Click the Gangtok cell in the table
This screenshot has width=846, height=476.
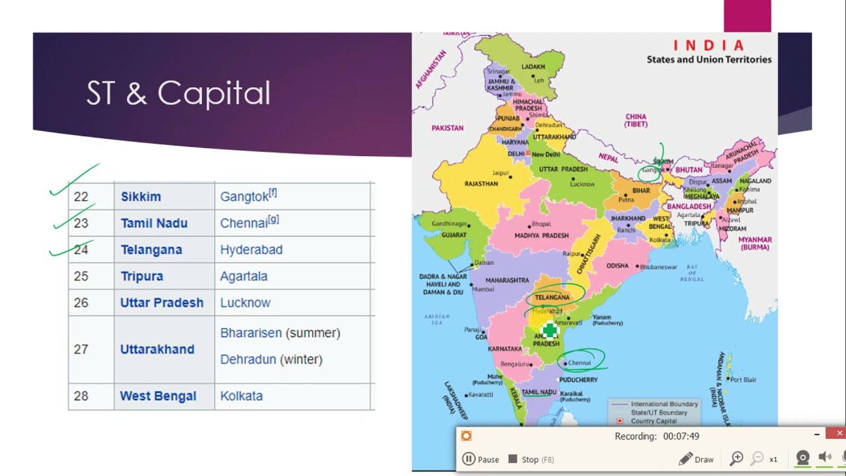248,196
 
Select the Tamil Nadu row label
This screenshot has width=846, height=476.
154,223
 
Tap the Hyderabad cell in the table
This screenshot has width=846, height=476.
251,250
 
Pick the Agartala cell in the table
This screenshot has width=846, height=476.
244,276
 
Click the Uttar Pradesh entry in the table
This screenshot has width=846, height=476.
162,303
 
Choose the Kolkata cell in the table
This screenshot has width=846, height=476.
241,396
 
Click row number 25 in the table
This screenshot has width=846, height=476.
81,276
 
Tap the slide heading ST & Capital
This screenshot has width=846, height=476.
178,93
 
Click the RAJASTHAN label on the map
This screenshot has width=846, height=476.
481,184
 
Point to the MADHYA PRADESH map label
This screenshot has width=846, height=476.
541,235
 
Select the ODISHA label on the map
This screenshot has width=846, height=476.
617,266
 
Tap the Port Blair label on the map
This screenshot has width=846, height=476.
743,379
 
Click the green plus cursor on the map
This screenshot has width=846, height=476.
549,331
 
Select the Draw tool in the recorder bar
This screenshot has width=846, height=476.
697,459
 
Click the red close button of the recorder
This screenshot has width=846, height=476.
839,434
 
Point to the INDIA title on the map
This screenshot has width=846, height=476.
709,46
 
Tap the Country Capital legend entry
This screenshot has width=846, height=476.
653,421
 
